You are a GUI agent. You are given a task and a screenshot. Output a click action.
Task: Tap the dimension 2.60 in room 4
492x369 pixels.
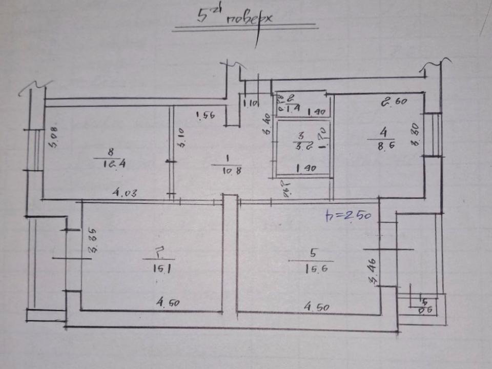pos(393,101)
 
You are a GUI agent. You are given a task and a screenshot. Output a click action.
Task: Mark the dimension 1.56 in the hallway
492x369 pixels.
pos(206,116)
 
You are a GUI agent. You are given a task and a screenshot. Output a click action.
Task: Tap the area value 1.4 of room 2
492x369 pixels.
pos(284,108)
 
